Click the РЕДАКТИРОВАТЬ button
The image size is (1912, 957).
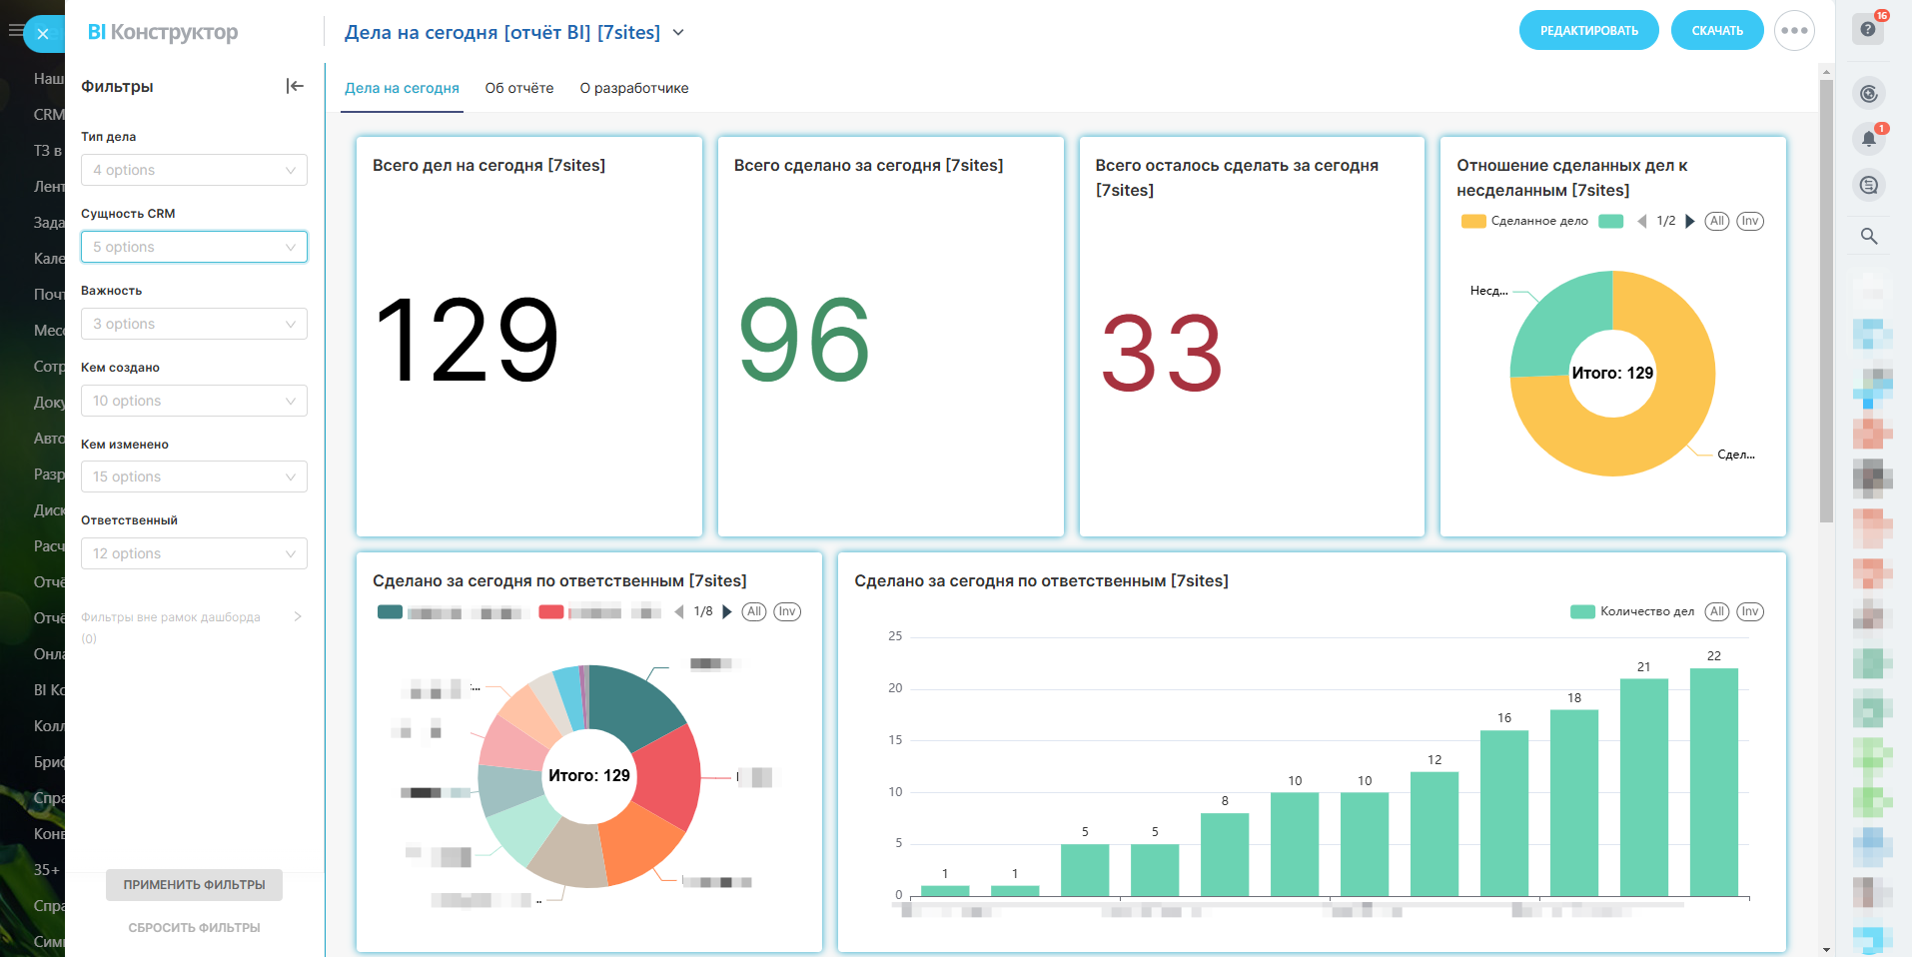click(x=1588, y=31)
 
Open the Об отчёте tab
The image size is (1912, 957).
click(x=519, y=88)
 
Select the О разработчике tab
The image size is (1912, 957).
click(x=634, y=88)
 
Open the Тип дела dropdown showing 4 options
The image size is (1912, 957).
click(x=194, y=170)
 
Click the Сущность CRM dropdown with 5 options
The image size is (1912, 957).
click(x=194, y=247)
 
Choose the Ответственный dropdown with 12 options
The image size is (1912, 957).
click(x=194, y=553)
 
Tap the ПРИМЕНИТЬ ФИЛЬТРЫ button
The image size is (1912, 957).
click(x=194, y=885)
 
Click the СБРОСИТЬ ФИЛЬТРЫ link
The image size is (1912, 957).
click(x=194, y=928)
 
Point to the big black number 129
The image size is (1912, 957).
click(x=467, y=341)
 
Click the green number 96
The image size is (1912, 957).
click(x=804, y=341)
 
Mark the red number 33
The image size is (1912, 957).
click(x=1162, y=354)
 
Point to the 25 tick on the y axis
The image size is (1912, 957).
click(x=895, y=636)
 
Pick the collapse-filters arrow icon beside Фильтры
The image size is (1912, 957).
click(x=295, y=86)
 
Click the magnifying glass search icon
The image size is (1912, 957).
click(x=1868, y=237)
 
